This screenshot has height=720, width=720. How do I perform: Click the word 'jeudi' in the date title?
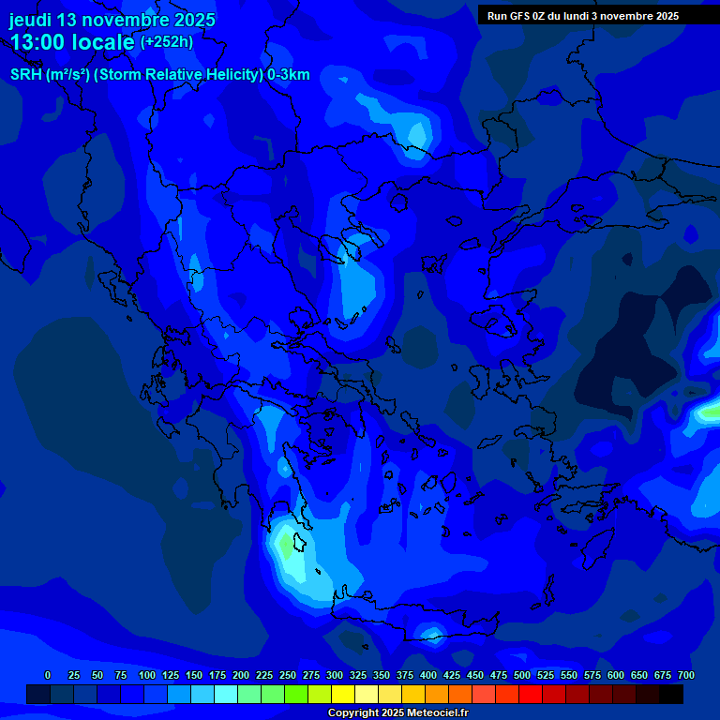[x=31, y=20]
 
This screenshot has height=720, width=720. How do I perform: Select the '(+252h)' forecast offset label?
[x=167, y=42]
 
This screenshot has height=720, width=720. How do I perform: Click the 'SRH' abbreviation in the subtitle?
[x=26, y=75]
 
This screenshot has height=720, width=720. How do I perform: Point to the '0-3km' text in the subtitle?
[x=288, y=75]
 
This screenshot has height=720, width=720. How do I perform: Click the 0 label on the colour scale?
[x=48, y=675]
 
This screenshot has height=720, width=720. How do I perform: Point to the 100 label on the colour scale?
[x=147, y=675]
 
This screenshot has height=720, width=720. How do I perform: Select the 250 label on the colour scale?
[x=288, y=675]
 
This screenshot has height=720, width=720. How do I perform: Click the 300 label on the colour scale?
[x=335, y=675]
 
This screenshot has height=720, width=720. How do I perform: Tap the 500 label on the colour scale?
[x=522, y=675]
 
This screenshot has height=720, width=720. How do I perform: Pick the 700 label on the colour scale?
[x=686, y=675]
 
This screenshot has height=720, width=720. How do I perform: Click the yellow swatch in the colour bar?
[x=343, y=695]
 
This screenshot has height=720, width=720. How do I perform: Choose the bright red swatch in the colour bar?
[x=531, y=695]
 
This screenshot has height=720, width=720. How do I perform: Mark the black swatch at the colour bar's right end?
[x=671, y=695]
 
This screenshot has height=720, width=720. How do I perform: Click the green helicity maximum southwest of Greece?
[x=285, y=544]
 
